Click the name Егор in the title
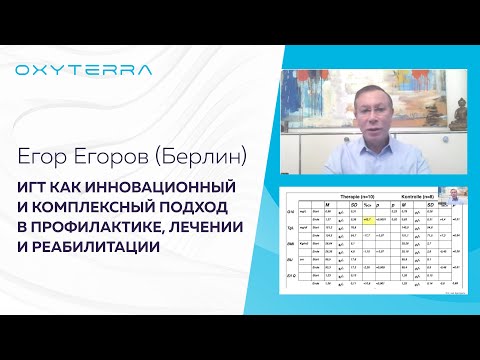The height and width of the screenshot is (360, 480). coord(42,154)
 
